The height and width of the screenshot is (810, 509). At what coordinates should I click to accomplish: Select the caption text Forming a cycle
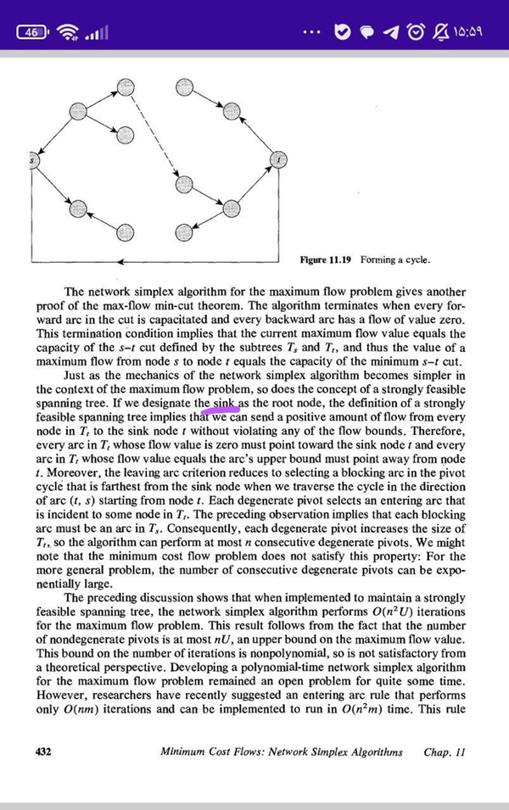pyautogui.click(x=394, y=259)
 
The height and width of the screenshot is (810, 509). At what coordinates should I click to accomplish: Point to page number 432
pyautogui.click(x=42, y=752)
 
